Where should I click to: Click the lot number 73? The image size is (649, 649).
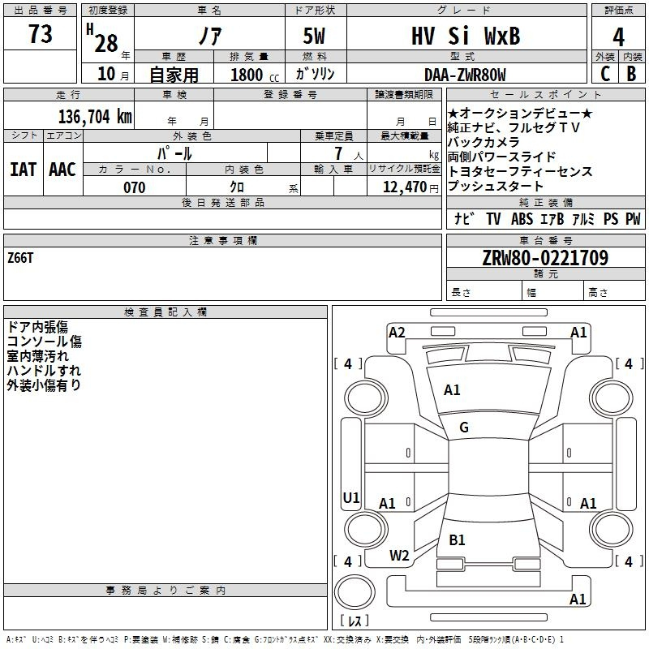pyautogui.click(x=40, y=35)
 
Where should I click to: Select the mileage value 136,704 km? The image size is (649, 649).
pyautogui.click(x=94, y=116)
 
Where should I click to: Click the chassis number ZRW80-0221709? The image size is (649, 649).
pyautogui.click(x=545, y=258)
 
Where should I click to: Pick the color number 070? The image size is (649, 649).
pyautogui.click(x=134, y=187)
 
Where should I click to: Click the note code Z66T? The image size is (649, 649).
pyautogui.click(x=21, y=258)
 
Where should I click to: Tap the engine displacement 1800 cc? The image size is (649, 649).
pyautogui.click(x=254, y=75)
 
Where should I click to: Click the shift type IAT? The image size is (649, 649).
pyautogui.click(x=23, y=170)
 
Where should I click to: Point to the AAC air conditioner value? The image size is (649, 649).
pyautogui.click(x=62, y=170)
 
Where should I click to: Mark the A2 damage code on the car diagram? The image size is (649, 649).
pyautogui.click(x=397, y=332)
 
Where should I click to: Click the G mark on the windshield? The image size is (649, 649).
pyautogui.click(x=463, y=428)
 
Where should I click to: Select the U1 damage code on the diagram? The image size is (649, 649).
pyautogui.click(x=350, y=498)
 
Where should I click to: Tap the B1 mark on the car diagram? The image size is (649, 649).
pyautogui.click(x=457, y=539)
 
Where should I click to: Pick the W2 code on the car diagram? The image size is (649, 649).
pyautogui.click(x=399, y=556)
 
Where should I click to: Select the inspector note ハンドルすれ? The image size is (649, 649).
pyautogui.click(x=38, y=371)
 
